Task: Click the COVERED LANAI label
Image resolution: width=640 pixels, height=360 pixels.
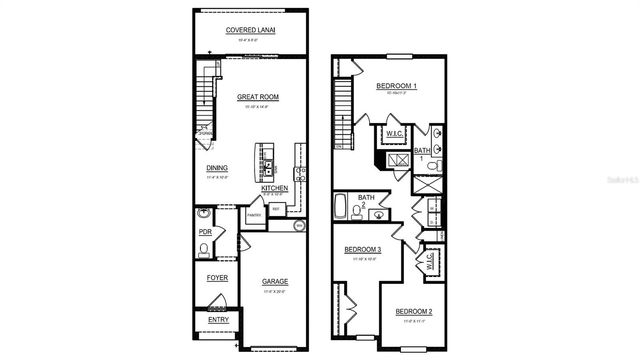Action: pos(250,30)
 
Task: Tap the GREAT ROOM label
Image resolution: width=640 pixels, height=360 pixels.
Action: pos(257,97)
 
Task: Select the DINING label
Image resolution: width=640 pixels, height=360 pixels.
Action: pos(217,168)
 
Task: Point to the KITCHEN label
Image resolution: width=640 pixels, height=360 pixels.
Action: pos(275,188)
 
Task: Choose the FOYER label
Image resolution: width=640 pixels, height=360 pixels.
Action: pos(217,277)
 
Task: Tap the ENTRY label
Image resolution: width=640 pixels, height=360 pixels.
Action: pos(217,320)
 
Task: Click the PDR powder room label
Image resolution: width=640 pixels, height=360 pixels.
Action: pos(206,232)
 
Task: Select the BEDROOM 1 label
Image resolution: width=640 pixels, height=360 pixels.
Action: pos(396,87)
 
